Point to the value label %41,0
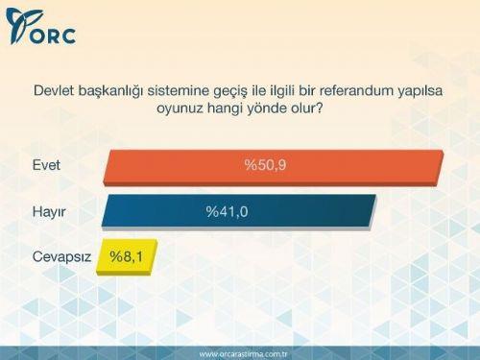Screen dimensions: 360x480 click(x=228, y=211)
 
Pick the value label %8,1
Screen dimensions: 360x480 click(x=126, y=257)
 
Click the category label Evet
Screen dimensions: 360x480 click(x=46, y=165)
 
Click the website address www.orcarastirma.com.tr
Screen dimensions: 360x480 click(x=240, y=352)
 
